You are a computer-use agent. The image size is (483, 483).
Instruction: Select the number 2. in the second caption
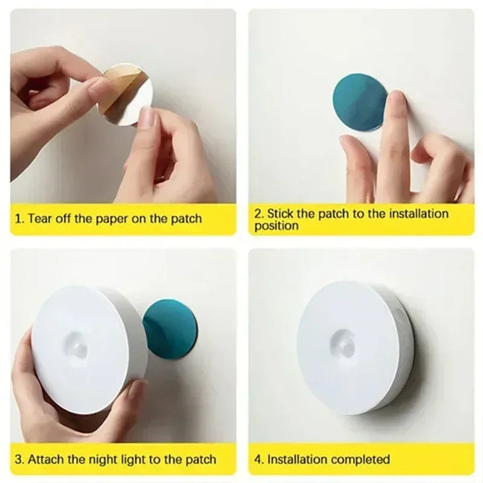pyautogui.click(x=259, y=213)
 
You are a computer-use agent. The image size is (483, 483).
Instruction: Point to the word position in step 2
pyautogui.click(x=276, y=226)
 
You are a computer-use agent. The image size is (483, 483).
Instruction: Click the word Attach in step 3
pyautogui.click(x=45, y=459)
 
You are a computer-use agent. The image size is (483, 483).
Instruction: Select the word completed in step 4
pyautogui.click(x=360, y=459)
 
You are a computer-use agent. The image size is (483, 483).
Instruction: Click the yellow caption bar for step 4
pyautogui.click(x=362, y=459)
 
